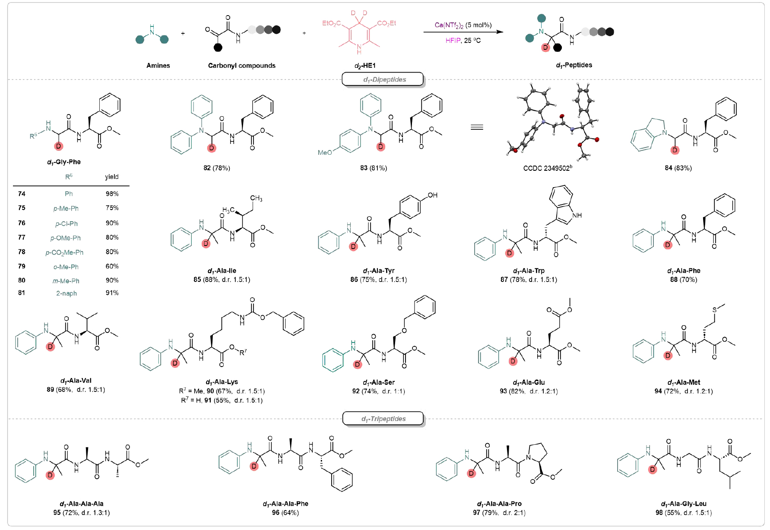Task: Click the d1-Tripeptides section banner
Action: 383,419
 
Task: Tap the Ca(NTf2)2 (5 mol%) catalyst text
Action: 463,25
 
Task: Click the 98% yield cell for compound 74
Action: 112,194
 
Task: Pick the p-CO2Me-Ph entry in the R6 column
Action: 65,252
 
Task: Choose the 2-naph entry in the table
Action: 67,293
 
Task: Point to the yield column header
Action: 111,177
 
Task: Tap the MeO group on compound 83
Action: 325,153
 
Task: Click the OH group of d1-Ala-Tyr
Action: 432,195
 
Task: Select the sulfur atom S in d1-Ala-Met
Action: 714,310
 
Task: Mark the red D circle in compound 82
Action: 212,148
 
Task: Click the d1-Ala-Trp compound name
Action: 529,271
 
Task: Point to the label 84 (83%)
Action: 678,168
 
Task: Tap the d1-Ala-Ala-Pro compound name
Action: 499,504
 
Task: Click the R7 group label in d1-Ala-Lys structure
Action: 243,352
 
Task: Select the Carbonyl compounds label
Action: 241,66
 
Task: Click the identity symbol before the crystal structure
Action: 477,127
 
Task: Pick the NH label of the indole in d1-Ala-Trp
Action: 577,215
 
